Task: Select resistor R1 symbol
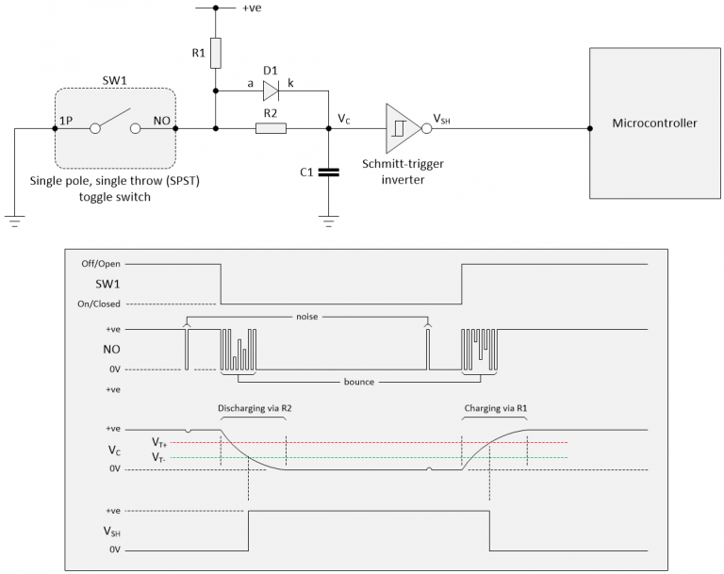[216, 54]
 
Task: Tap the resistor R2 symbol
[271, 128]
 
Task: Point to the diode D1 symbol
[271, 91]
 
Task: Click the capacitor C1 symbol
[327, 172]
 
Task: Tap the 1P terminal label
[65, 120]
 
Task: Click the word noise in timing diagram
[306, 318]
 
